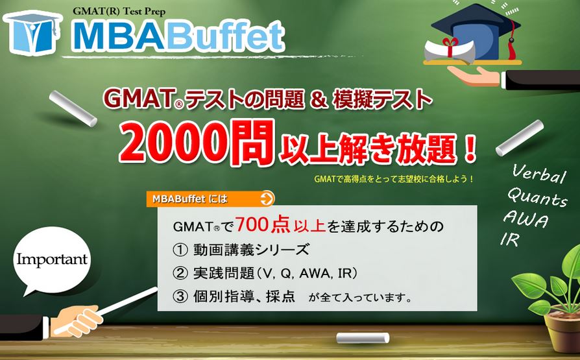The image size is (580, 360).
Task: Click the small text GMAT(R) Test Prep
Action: (119, 11)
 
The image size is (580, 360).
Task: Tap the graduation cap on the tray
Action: (476, 31)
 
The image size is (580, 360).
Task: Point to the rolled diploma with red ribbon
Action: (449, 50)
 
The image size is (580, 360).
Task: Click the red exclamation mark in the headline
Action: (470, 148)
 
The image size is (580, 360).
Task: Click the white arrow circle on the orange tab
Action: (267, 198)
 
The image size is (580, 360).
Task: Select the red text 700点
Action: (262, 224)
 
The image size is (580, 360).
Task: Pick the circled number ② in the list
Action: (180, 274)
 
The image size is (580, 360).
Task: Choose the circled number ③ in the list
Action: (180, 296)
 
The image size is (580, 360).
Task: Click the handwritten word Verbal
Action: (538, 174)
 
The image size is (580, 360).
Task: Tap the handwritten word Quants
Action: (537, 197)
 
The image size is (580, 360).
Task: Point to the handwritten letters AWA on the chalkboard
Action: (526, 219)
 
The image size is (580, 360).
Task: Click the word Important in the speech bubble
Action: (52, 259)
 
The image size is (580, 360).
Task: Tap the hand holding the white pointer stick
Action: (76, 320)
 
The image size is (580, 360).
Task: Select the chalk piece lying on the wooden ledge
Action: (363, 338)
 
